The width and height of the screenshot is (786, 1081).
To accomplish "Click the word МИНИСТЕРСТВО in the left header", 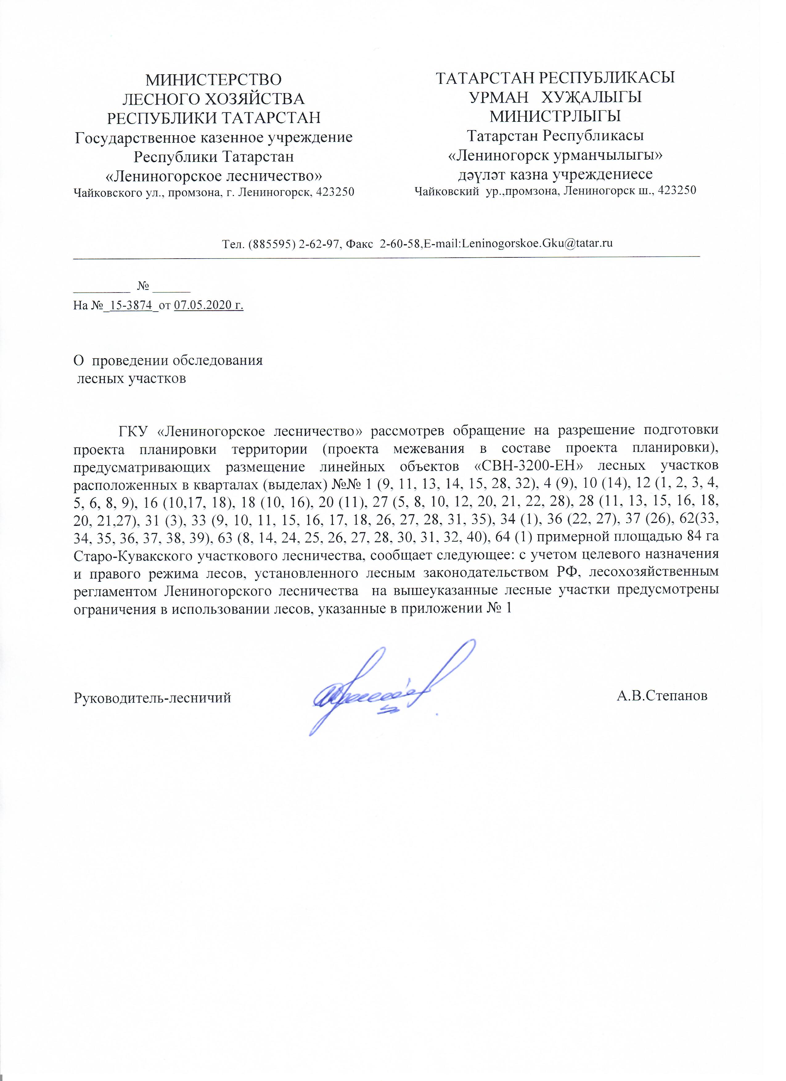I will click(x=214, y=79).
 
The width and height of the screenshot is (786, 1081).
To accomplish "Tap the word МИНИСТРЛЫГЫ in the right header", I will click(x=555, y=116).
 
